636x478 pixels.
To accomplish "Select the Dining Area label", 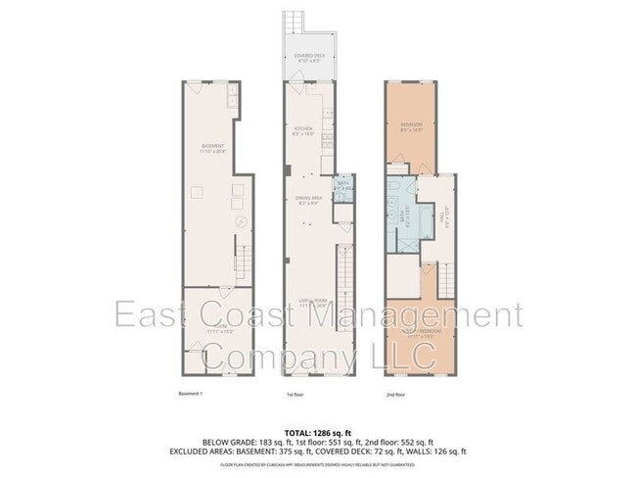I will pos(308,201).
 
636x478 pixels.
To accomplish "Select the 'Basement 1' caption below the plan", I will pos(190,395).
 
